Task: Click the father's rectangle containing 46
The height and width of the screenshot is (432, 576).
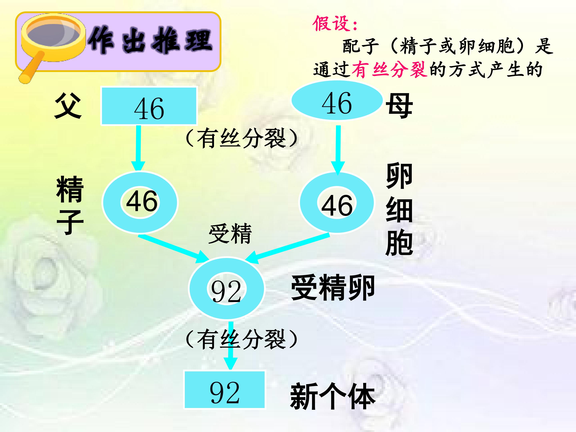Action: (149, 106)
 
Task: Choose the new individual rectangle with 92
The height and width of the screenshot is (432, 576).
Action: (224, 390)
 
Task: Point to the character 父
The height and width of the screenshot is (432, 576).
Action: (68, 106)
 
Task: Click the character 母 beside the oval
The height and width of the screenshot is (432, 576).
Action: (399, 106)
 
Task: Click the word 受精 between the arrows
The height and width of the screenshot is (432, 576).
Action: (230, 234)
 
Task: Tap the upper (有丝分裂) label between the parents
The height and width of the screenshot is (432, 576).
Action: (241, 138)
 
